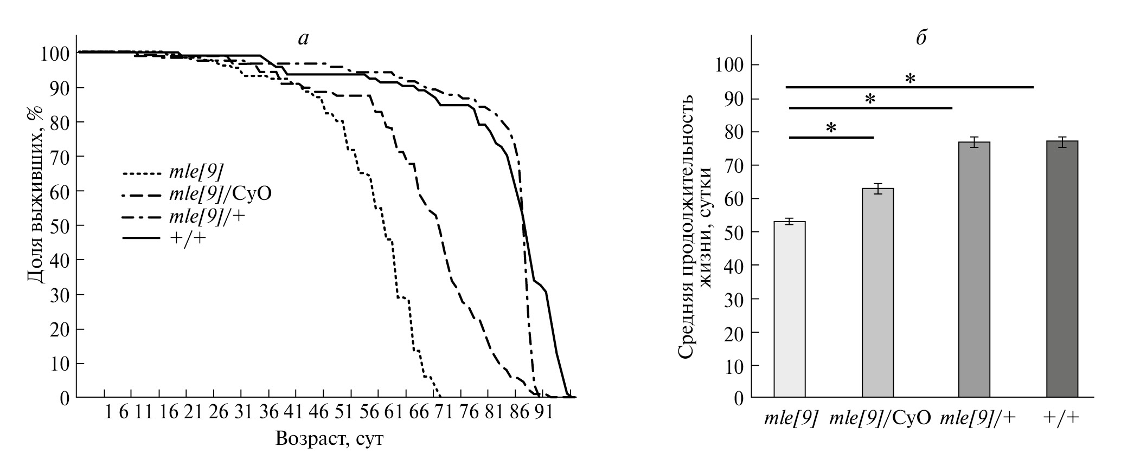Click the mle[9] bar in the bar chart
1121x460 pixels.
[790, 309]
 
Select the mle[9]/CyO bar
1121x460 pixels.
[877, 293]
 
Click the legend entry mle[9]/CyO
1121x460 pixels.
[220, 193]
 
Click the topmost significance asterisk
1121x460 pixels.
[910, 79]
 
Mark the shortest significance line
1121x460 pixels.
[831, 138]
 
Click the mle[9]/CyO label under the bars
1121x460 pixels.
[880, 418]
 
